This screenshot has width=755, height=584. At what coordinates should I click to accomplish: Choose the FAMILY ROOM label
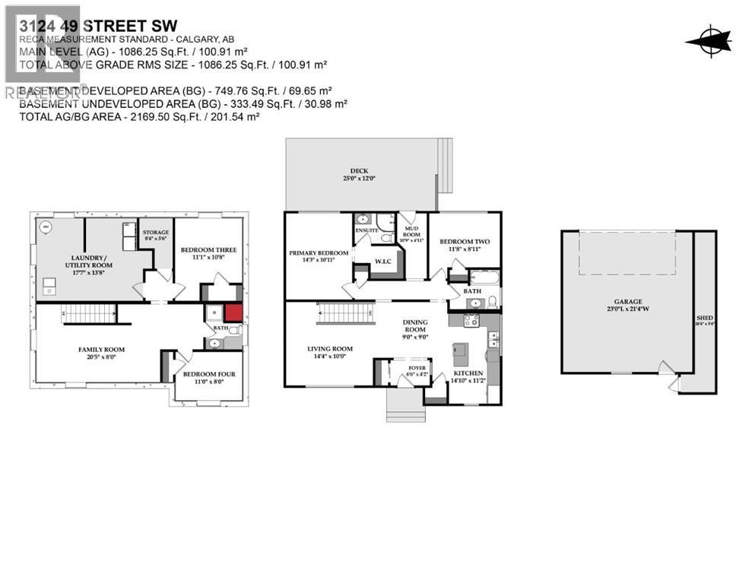[101, 349]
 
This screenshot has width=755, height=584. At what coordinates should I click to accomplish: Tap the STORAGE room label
[155, 232]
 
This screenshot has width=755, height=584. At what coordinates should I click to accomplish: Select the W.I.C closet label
[382, 263]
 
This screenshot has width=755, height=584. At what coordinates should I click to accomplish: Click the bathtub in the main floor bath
[484, 277]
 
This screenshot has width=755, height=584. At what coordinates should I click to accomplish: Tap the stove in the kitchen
[471, 321]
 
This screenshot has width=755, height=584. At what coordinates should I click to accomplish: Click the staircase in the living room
[346, 312]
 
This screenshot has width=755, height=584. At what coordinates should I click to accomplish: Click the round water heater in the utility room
[45, 226]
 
